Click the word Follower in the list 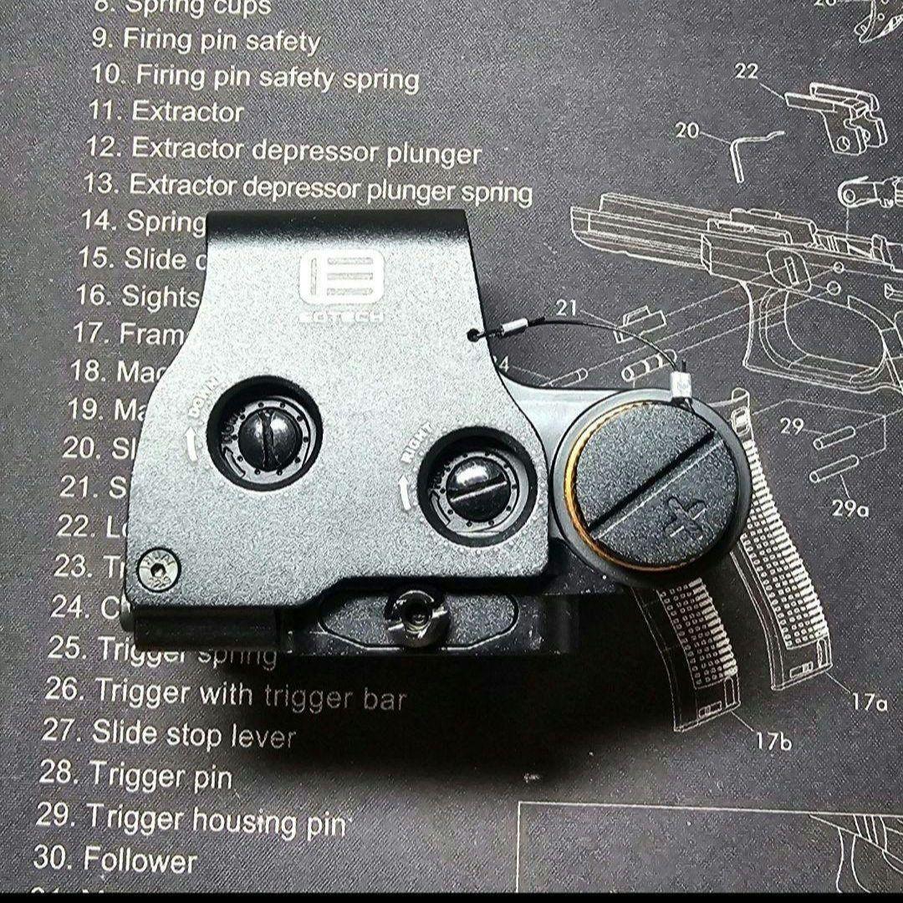140,859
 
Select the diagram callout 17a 869,701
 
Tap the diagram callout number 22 747,72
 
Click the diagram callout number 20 686,130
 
